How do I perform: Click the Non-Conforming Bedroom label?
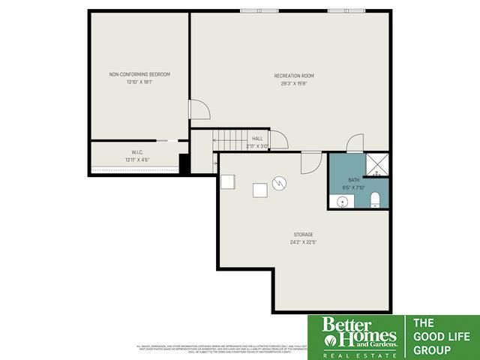pyautogui.click(x=140, y=74)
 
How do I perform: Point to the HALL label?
pyautogui.click(x=257, y=139)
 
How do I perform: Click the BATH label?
pyautogui.click(x=353, y=181)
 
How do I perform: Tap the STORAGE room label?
pyautogui.click(x=303, y=235)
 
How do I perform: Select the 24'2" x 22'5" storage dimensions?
pyautogui.click(x=303, y=242)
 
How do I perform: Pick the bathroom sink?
pyautogui.click(x=341, y=201)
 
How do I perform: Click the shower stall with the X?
pyautogui.click(x=377, y=164)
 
